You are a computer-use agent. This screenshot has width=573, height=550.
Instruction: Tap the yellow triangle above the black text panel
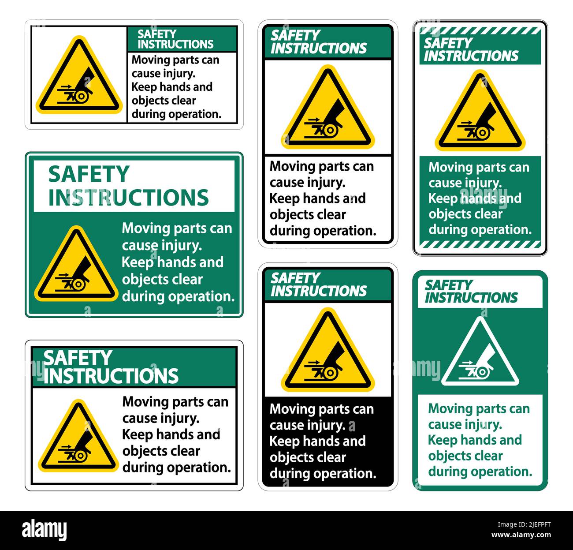pyautogui.click(x=327, y=353)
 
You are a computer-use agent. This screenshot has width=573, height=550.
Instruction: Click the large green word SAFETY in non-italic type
pyautogui.click(x=89, y=175)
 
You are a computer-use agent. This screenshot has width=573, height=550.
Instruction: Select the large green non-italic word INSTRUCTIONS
pyautogui.click(x=128, y=198)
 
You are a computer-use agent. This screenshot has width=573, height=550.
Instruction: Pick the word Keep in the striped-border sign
pyautogui.click(x=443, y=198)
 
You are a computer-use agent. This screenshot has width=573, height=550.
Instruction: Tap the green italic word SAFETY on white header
pyautogui.click(x=448, y=285)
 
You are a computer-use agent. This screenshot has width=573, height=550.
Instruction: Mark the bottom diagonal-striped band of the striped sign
pyautogui.click(x=480, y=244)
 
